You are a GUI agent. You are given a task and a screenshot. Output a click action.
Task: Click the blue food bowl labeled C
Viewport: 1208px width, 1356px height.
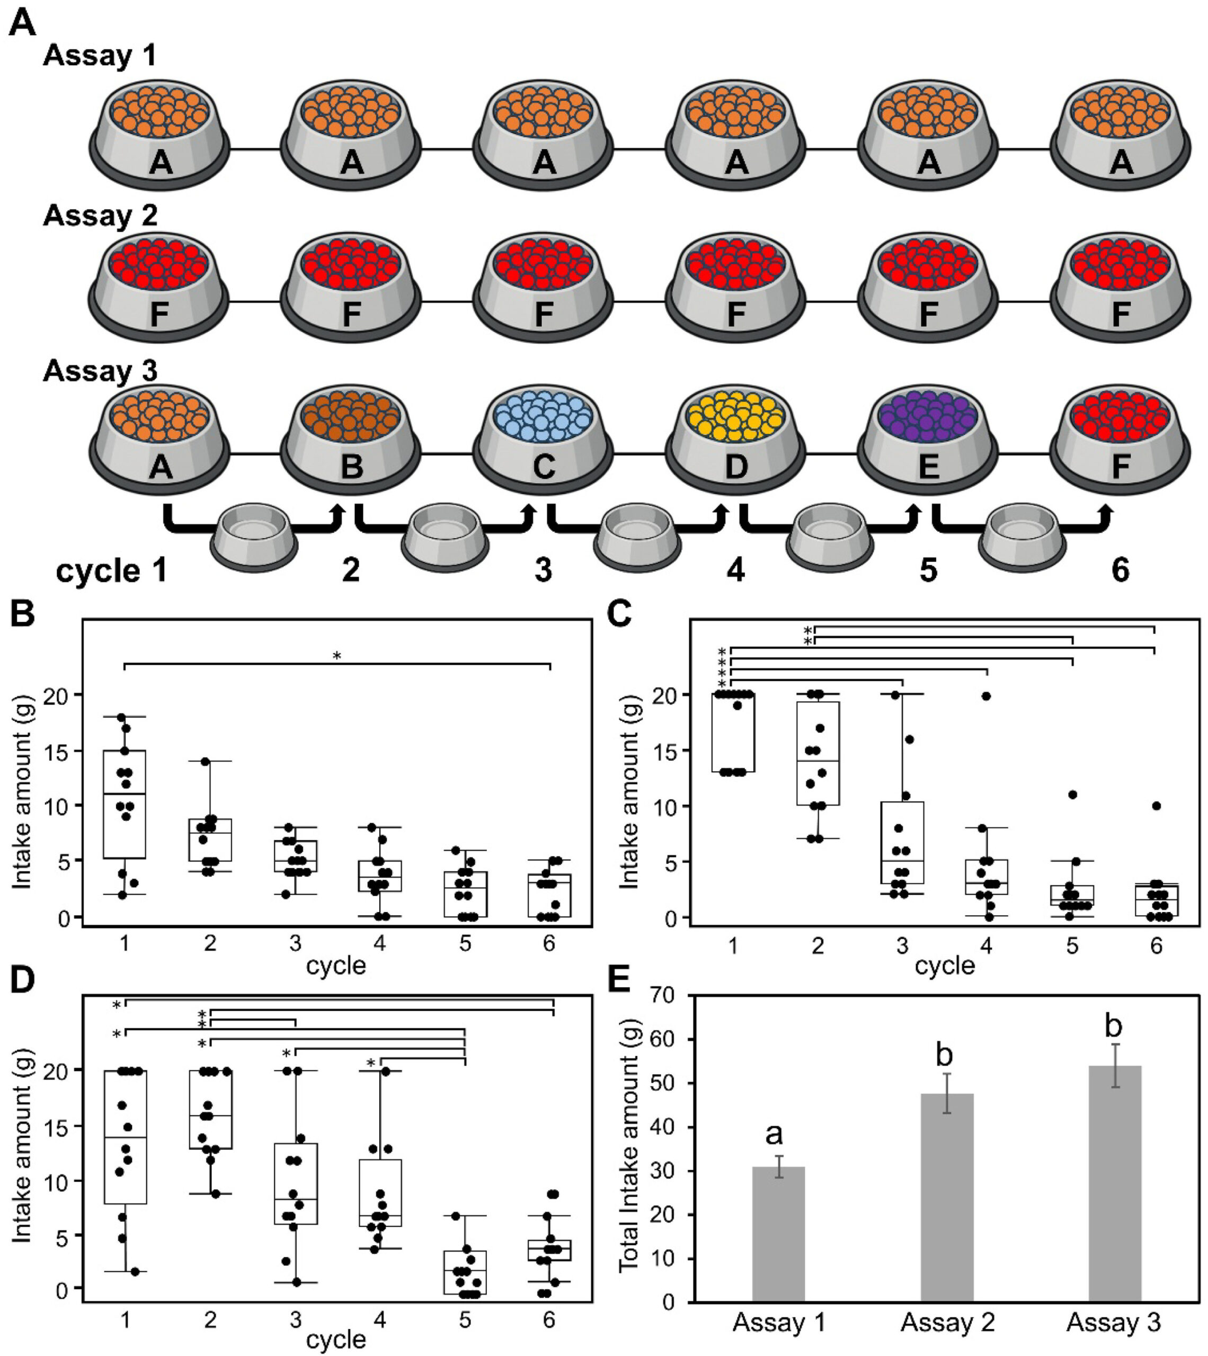543,438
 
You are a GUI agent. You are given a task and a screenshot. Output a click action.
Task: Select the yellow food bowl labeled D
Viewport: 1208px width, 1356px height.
735,438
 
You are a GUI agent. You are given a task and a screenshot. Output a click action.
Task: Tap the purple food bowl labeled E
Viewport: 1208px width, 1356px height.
928,438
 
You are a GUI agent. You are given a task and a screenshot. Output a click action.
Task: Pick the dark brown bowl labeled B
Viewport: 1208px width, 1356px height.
351,438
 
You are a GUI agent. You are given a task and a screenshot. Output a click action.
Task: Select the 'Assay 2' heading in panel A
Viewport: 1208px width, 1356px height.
100,216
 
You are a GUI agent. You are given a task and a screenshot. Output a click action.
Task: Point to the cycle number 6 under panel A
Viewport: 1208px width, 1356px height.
1121,570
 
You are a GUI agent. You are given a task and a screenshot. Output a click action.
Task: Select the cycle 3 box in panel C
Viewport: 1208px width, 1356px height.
902,843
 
